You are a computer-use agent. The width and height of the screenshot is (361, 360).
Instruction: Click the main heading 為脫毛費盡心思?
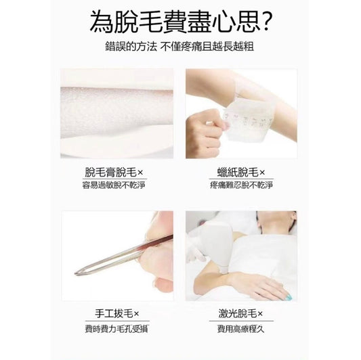(x=181, y=22)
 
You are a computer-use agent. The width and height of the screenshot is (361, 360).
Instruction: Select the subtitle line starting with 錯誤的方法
(x=179, y=47)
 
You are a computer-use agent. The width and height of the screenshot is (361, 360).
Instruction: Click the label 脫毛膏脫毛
(x=111, y=173)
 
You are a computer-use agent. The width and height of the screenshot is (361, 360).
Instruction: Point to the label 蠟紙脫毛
(x=238, y=173)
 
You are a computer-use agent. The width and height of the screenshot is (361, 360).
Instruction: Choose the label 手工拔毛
(x=114, y=314)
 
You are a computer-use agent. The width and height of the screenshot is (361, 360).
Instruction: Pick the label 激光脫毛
(x=238, y=314)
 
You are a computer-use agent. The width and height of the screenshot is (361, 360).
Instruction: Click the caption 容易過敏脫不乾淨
(x=114, y=185)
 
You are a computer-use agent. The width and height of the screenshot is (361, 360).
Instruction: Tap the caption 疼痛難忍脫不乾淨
(x=241, y=185)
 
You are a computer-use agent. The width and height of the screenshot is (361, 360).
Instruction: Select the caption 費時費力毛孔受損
(x=116, y=329)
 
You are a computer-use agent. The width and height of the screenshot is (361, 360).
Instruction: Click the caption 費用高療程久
(x=241, y=329)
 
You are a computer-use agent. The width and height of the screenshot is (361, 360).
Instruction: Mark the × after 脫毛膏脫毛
(x=140, y=173)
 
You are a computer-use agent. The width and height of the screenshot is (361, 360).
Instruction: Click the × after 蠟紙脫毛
(x=262, y=173)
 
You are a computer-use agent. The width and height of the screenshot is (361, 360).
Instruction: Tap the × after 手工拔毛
(x=136, y=314)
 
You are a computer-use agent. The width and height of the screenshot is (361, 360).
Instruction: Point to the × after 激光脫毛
(x=260, y=314)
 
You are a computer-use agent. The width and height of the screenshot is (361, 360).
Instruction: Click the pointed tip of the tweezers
(x=75, y=273)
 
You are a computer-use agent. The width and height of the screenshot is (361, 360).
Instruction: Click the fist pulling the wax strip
(x=203, y=132)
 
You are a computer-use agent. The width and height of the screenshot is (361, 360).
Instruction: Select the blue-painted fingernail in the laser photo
(x=289, y=297)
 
